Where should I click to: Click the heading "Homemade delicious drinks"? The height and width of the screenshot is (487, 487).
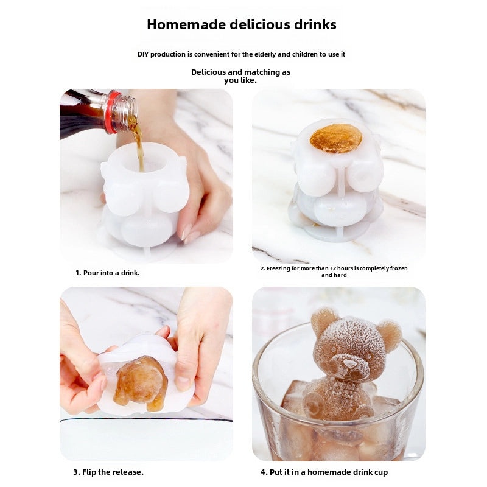tap(242, 25)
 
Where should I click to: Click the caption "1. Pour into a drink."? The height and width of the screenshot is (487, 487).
tap(108, 273)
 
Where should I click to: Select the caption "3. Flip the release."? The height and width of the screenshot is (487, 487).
tap(108, 472)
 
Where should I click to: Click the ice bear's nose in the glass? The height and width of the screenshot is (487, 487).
tap(350, 365)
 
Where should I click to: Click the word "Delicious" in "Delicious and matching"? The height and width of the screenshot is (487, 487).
tap(208, 72)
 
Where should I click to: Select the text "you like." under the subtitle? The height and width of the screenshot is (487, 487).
tap(240, 80)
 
